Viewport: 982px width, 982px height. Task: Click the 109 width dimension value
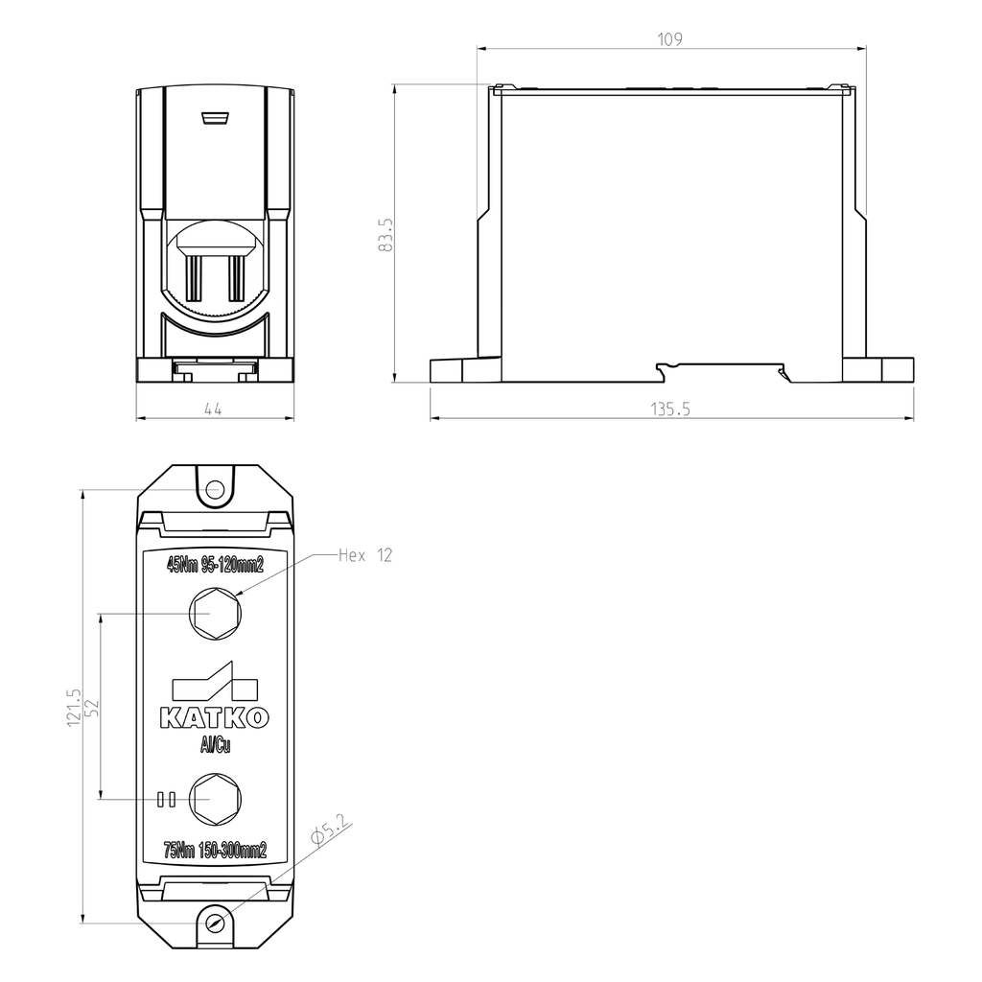pyautogui.click(x=669, y=39)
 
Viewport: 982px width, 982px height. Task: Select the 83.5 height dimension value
pyautogui.click(x=386, y=235)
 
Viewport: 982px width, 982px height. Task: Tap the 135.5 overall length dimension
pyautogui.click(x=670, y=409)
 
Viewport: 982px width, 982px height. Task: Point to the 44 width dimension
pyautogui.click(x=213, y=409)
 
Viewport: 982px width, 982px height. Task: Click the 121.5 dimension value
pyautogui.click(x=74, y=708)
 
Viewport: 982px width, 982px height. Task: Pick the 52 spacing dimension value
pyautogui.click(x=92, y=708)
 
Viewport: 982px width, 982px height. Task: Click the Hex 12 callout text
pyautogui.click(x=365, y=555)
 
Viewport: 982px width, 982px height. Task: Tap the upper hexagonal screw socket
pyautogui.click(x=216, y=614)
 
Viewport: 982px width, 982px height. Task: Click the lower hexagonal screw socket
pyautogui.click(x=216, y=799)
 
